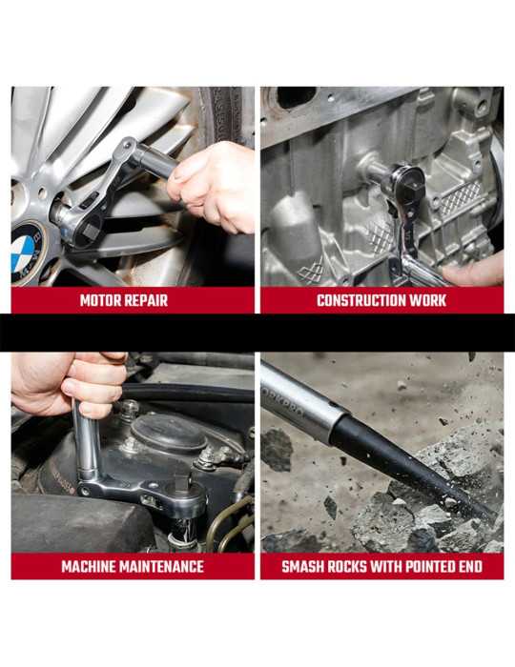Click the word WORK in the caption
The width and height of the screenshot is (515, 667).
click(x=428, y=301)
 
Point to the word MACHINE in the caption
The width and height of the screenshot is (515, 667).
click(x=89, y=567)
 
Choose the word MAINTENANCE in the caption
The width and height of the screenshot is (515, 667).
click(x=162, y=567)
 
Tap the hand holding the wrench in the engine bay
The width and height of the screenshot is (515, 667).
click(x=68, y=383)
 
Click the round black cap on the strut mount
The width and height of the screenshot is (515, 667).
click(x=169, y=433)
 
